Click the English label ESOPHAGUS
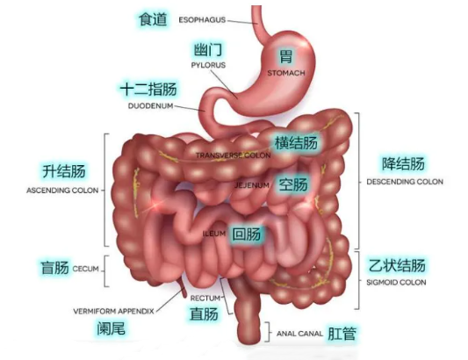click(x=202, y=20)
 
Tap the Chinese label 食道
click(x=153, y=19)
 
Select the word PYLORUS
click(x=208, y=65)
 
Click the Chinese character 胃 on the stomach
click(x=285, y=57)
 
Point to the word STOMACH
click(x=286, y=73)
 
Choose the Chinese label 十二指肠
click(x=148, y=89)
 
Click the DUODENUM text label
click(x=151, y=105)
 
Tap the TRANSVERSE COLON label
click(x=233, y=155)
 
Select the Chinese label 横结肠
click(x=296, y=143)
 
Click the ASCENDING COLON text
click(x=62, y=191)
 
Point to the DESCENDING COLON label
click(x=405, y=182)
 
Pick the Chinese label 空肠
click(x=293, y=184)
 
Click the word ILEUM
click(x=214, y=234)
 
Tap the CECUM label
click(x=86, y=269)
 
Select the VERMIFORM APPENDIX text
click(x=114, y=311)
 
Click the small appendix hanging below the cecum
click(x=182, y=287)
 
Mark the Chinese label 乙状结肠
click(x=397, y=266)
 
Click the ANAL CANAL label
click(x=299, y=334)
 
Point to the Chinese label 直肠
click(x=204, y=313)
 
